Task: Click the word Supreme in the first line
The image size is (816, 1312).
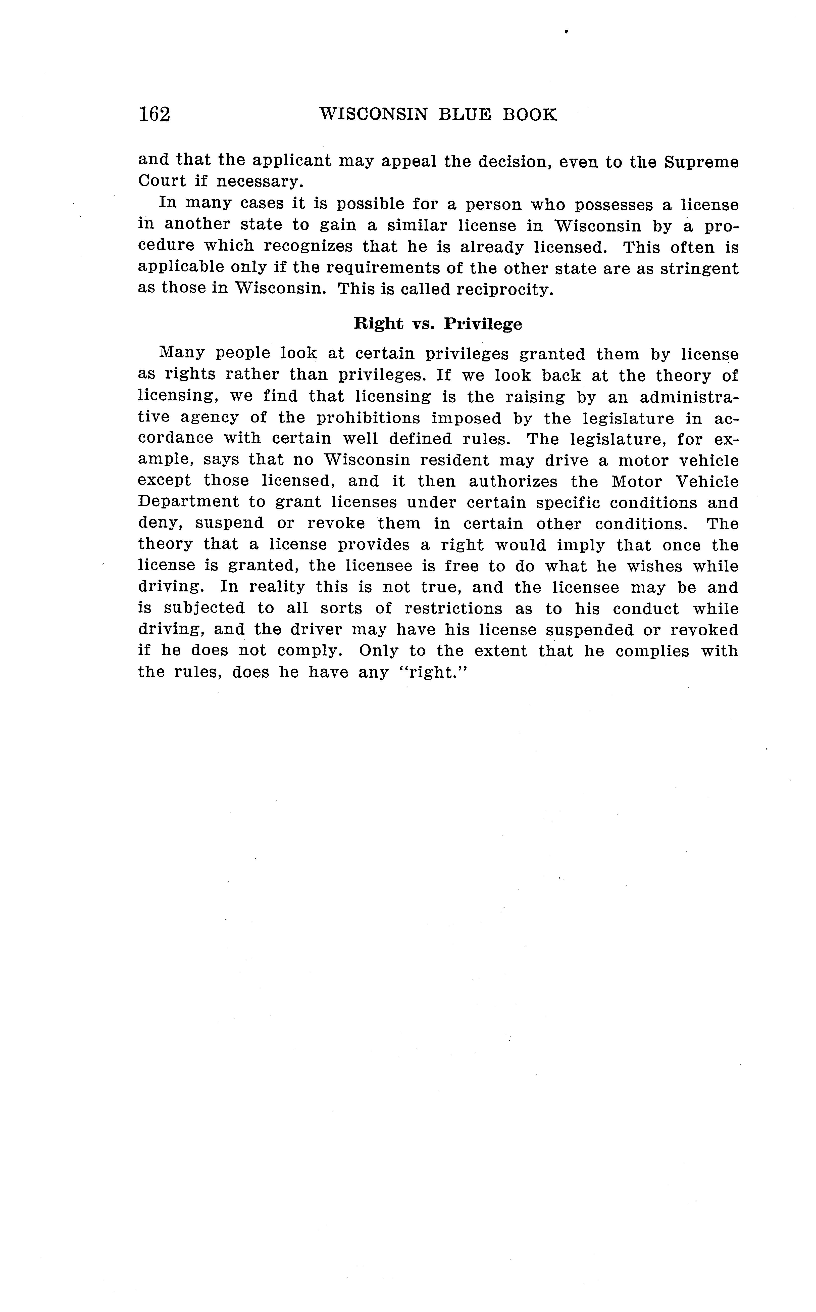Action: tap(701, 162)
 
